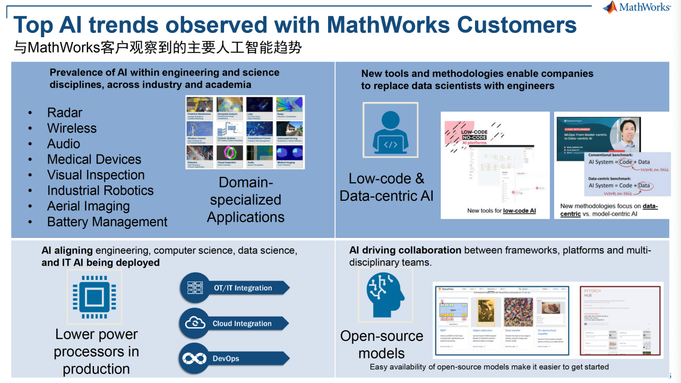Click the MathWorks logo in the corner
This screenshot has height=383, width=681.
tap(636, 7)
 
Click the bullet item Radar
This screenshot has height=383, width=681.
tap(65, 113)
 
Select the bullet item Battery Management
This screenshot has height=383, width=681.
tap(107, 222)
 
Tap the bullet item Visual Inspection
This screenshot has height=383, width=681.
tap(96, 175)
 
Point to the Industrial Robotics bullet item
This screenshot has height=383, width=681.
tap(100, 191)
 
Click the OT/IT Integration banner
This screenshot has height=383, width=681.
tap(235, 288)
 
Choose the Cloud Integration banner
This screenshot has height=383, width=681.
tap(235, 323)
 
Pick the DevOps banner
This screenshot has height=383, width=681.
tap(235, 359)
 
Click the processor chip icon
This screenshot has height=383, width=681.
tap(94, 297)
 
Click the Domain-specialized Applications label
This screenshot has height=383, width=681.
tap(246, 200)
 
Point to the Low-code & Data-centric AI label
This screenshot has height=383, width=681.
tap(386, 187)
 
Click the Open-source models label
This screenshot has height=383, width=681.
tap(382, 344)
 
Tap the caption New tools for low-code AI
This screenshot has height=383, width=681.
tap(501, 211)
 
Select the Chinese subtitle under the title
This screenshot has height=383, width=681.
tap(158, 48)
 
